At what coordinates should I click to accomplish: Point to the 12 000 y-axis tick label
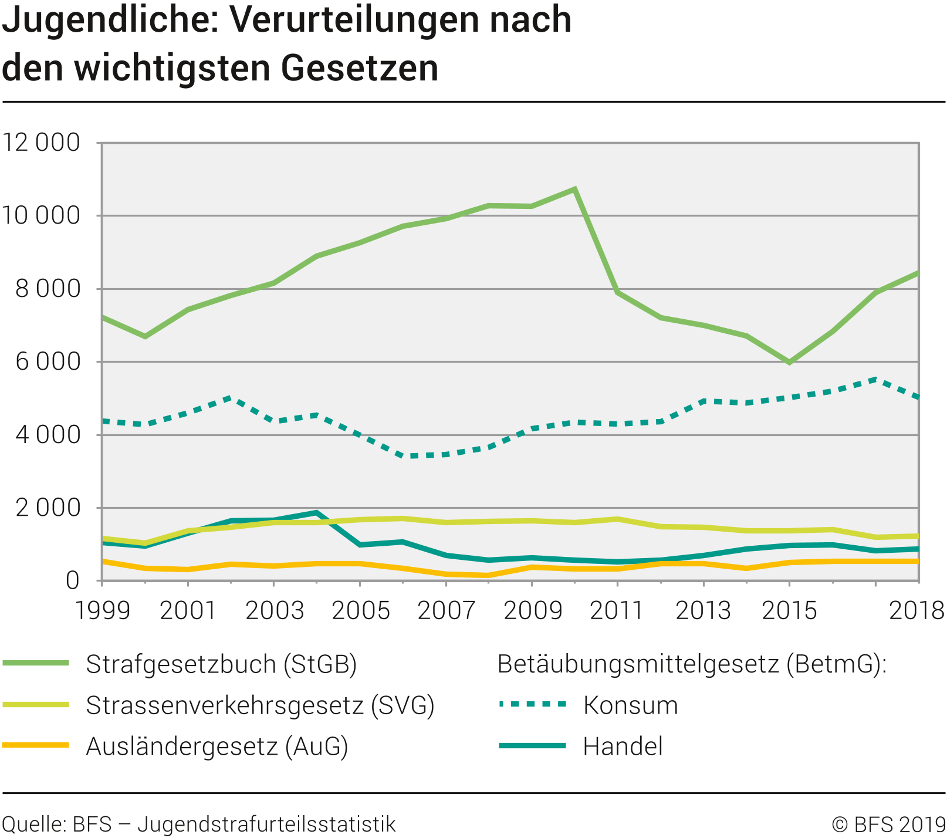click(x=41, y=143)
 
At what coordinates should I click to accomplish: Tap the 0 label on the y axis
click(x=72, y=580)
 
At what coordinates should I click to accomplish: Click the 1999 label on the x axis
click(x=102, y=611)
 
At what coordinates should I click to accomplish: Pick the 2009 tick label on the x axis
click(x=532, y=611)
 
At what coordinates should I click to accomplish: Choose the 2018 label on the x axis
click(x=916, y=611)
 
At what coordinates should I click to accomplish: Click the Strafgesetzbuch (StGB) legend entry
click(x=221, y=664)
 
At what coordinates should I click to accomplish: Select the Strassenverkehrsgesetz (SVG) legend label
click(x=260, y=705)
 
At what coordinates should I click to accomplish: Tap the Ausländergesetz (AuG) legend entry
click(x=217, y=746)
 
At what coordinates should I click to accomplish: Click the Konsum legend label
click(x=630, y=705)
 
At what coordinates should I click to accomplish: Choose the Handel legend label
click(x=623, y=746)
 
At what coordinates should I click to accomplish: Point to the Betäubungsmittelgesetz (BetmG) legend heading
click(x=692, y=664)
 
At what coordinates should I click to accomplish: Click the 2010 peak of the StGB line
click(x=575, y=189)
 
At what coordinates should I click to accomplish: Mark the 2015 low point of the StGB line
click(x=790, y=362)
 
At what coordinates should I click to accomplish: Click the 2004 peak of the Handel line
click(x=317, y=512)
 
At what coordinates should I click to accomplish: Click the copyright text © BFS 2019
click(x=888, y=825)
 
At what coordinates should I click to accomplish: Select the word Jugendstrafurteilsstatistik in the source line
click(x=266, y=825)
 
